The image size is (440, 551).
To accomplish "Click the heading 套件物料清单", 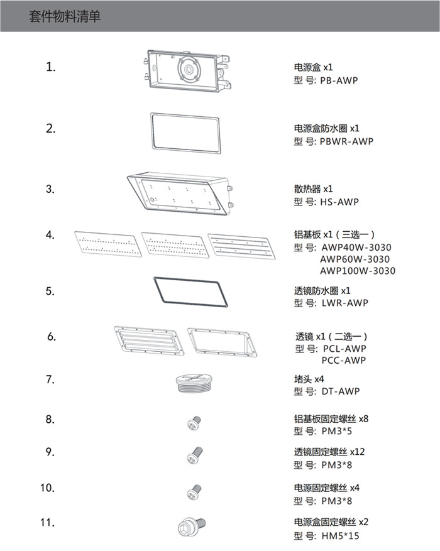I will click(65, 17).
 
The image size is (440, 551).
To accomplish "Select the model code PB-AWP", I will click(339, 80).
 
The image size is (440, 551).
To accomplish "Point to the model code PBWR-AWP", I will click(346, 141).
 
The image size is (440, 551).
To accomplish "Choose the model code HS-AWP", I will click(339, 202).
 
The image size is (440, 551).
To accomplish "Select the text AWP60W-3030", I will click(355, 259).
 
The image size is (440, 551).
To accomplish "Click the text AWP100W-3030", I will click(358, 271).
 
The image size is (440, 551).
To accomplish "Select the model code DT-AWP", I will click(339, 391).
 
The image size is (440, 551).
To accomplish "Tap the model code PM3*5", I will click(336, 432).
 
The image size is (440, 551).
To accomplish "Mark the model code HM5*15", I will click(340, 535).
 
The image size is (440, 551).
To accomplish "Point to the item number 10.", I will click(48, 488).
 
